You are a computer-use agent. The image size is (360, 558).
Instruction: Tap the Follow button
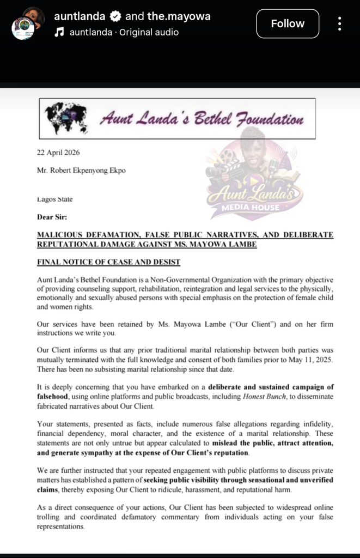(288, 23)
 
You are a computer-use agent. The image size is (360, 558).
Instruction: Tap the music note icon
(60, 32)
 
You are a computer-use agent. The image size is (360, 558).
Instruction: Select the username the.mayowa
(179, 16)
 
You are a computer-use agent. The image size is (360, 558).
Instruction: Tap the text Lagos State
(55, 199)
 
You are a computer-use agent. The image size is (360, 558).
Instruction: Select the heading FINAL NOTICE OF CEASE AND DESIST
(108, 262)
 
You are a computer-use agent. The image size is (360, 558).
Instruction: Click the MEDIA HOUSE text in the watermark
(254, 207)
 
